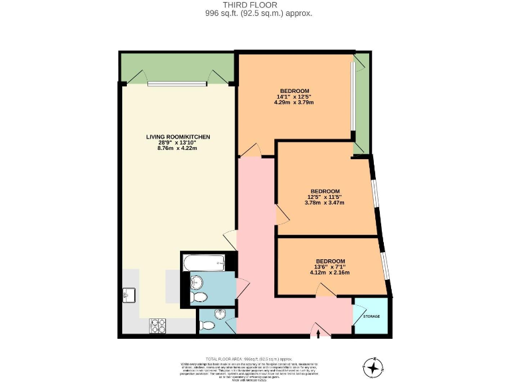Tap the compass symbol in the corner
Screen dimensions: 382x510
coord(374,365)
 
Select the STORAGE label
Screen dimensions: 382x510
coord(372,316)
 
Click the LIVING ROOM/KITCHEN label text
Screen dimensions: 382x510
coord(178,137)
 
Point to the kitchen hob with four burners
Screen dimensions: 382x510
coord(158,325)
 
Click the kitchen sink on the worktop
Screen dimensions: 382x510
coord(128,294)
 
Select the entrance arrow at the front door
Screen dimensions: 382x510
coord(319,333)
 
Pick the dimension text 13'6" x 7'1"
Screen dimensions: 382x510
coord(330,267)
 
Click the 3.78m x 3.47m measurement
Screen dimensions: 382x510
coord(325,203)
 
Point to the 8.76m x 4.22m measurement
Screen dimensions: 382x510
coord(178,148)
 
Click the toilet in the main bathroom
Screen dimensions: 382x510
coord(198,296)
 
